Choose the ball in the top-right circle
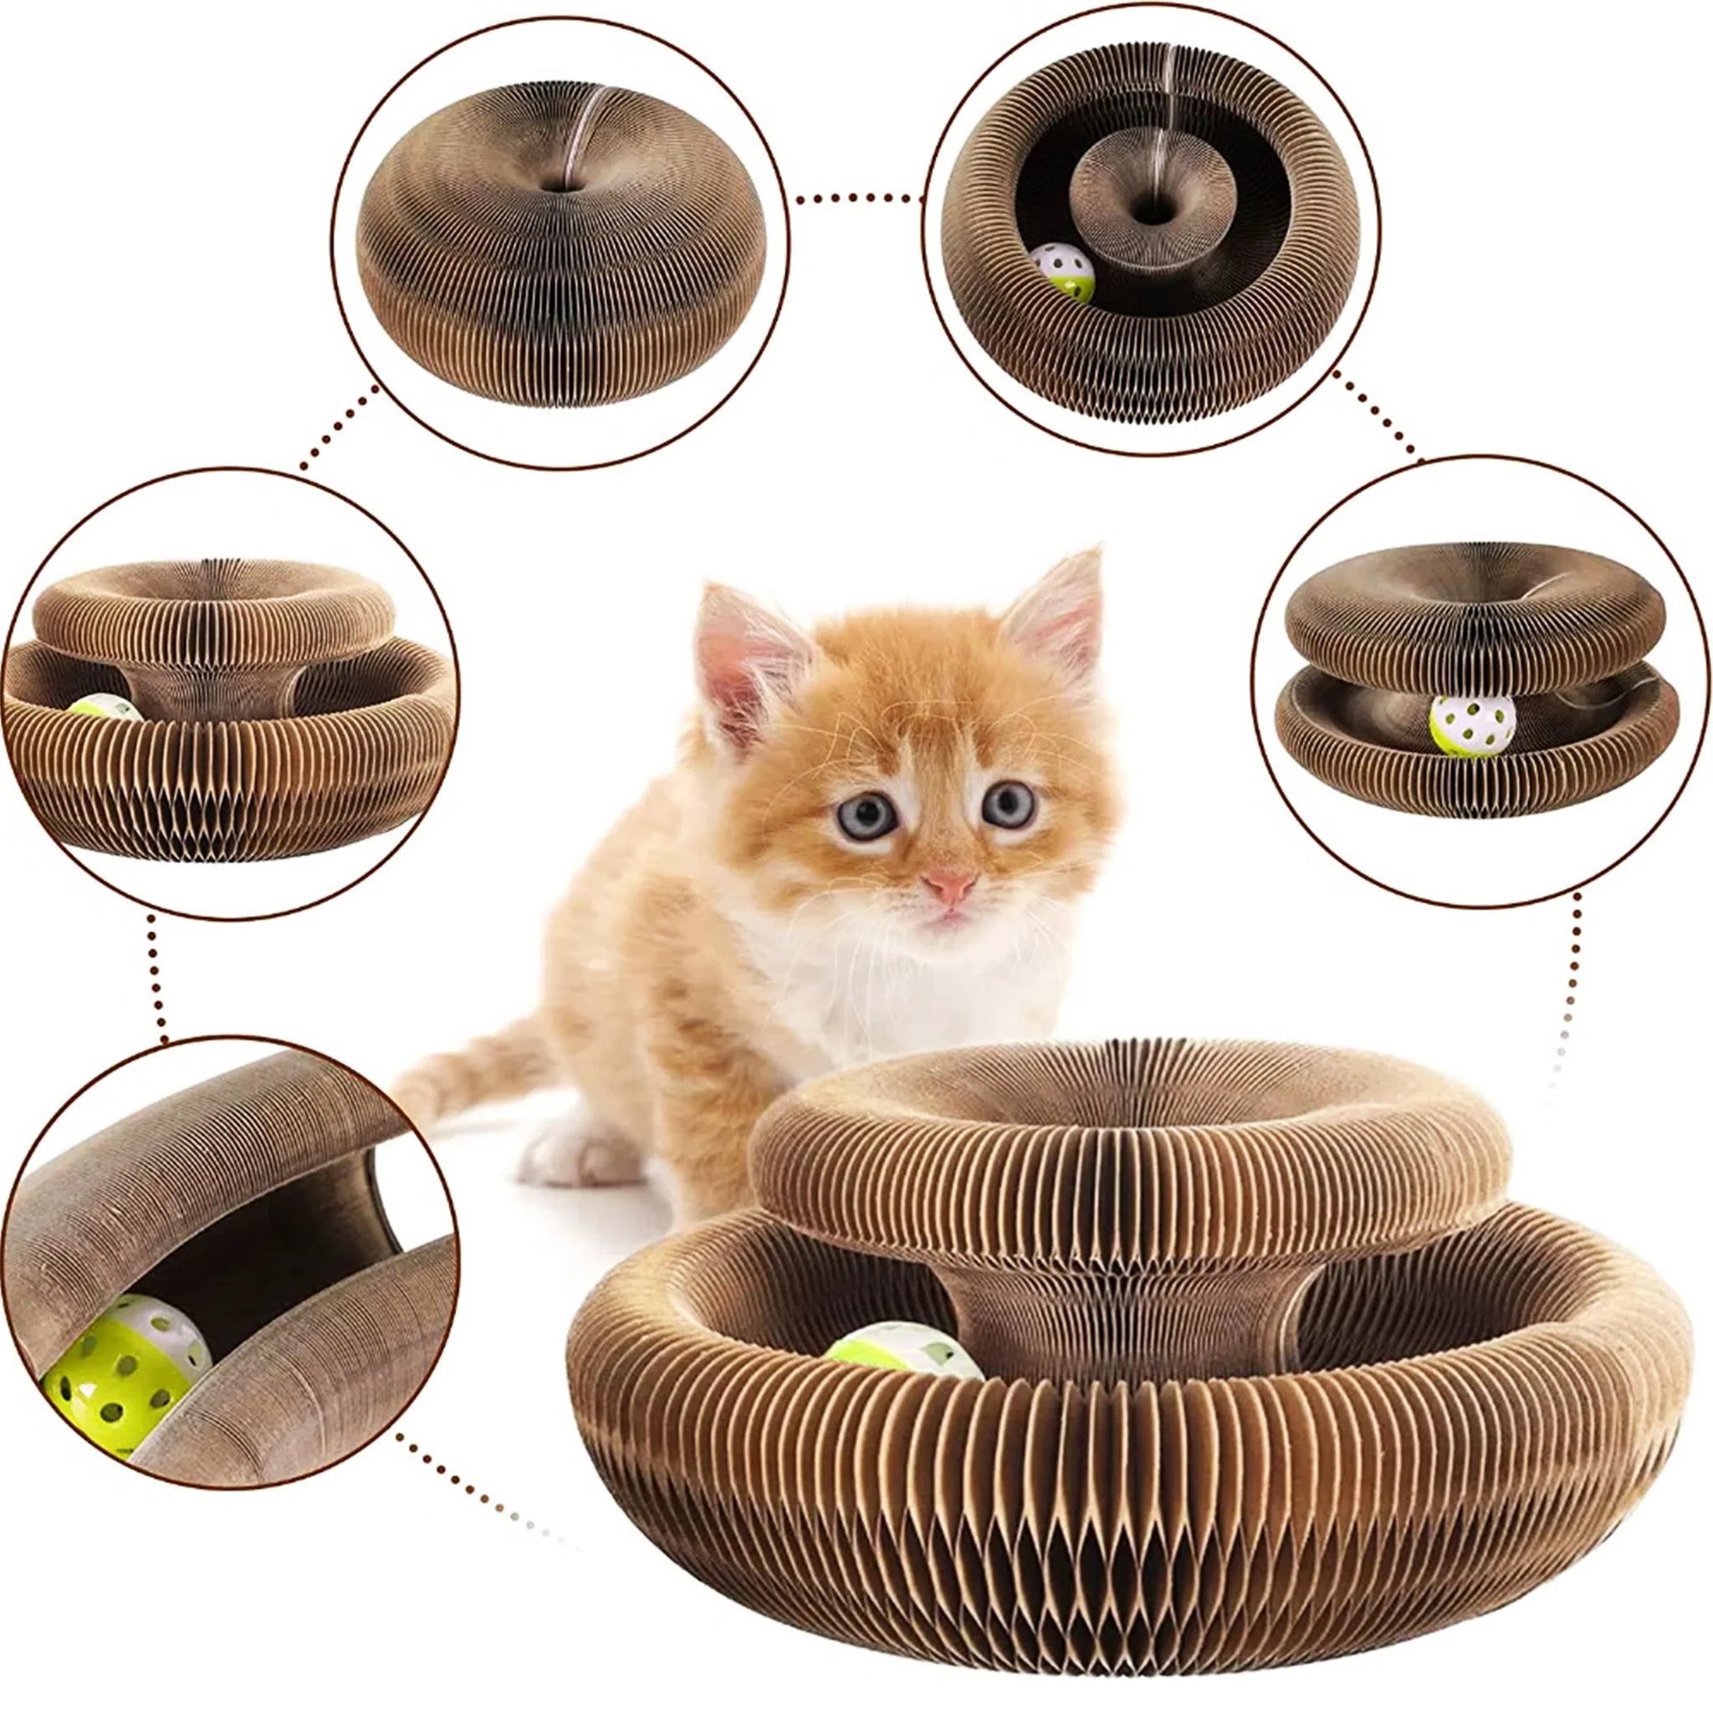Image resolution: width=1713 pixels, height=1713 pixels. click(1061, 272)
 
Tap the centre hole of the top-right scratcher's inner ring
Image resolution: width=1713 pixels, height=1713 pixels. click(1153, 212)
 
